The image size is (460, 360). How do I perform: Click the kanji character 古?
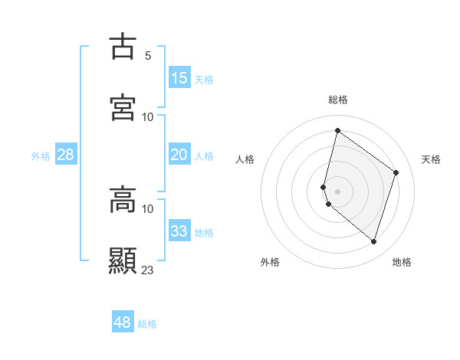(123, 46)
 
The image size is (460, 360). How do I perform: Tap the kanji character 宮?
(123, 107)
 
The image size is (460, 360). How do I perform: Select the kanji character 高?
(123, 200)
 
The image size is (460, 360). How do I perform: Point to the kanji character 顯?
(123, 260)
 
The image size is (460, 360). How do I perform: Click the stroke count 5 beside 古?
(148, 56)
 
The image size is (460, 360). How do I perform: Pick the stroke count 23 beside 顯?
(148, 270)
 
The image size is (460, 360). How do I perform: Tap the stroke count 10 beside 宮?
(148, 117)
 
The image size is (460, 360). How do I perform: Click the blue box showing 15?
(179, 78)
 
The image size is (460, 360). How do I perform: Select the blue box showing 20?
(179, 155)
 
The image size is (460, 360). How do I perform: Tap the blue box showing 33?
(179, 231)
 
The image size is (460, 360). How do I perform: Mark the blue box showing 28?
(66, 155)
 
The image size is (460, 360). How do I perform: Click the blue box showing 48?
(123, 322)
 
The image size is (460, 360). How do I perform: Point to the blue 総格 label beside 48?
(147, 324)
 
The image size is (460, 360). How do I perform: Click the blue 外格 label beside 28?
(41, 156)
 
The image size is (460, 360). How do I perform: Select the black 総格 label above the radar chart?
(338, 100)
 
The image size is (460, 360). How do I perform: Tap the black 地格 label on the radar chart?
(402, 262)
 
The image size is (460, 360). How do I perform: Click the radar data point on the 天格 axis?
(396, 172)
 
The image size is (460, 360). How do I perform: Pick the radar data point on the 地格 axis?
(374, 241)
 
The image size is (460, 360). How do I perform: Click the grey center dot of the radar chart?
(338, 191)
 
